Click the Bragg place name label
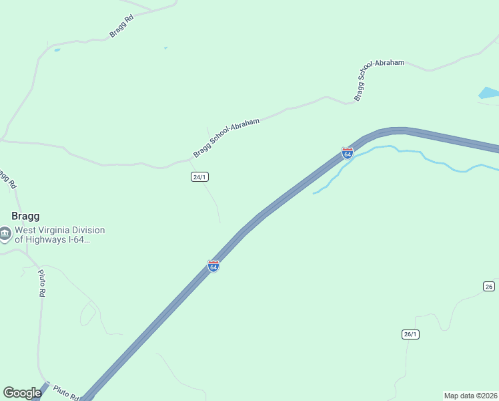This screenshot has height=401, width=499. [x=26, y=217]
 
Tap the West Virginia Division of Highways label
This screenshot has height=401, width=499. [x=60, y=235]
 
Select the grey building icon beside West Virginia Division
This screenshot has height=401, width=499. [x=5, y=235]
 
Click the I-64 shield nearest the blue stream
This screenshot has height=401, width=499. [x=347, y=153]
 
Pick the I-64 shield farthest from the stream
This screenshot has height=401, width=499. [x=213, y=266]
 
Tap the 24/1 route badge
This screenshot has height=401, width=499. [x=199, y=176]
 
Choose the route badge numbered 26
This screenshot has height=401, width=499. [x=488, y=286]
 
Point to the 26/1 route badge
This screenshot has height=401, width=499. [x=410, y=334]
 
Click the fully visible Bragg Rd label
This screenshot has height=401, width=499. [x=122, y=26]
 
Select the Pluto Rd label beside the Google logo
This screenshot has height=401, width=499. [x=66, y=392]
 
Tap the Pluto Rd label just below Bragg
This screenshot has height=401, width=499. [x=41, y=283]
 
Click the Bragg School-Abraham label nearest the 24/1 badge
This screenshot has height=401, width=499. [x=225, y=138]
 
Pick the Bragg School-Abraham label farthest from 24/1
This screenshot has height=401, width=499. [x=379, y=78]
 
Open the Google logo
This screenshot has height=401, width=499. [x=22, y=393]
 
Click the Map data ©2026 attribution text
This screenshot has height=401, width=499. [x=470, y=396]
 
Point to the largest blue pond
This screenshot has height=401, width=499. [x=488, y=94]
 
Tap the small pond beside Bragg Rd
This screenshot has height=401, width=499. [x=57, y=49]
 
